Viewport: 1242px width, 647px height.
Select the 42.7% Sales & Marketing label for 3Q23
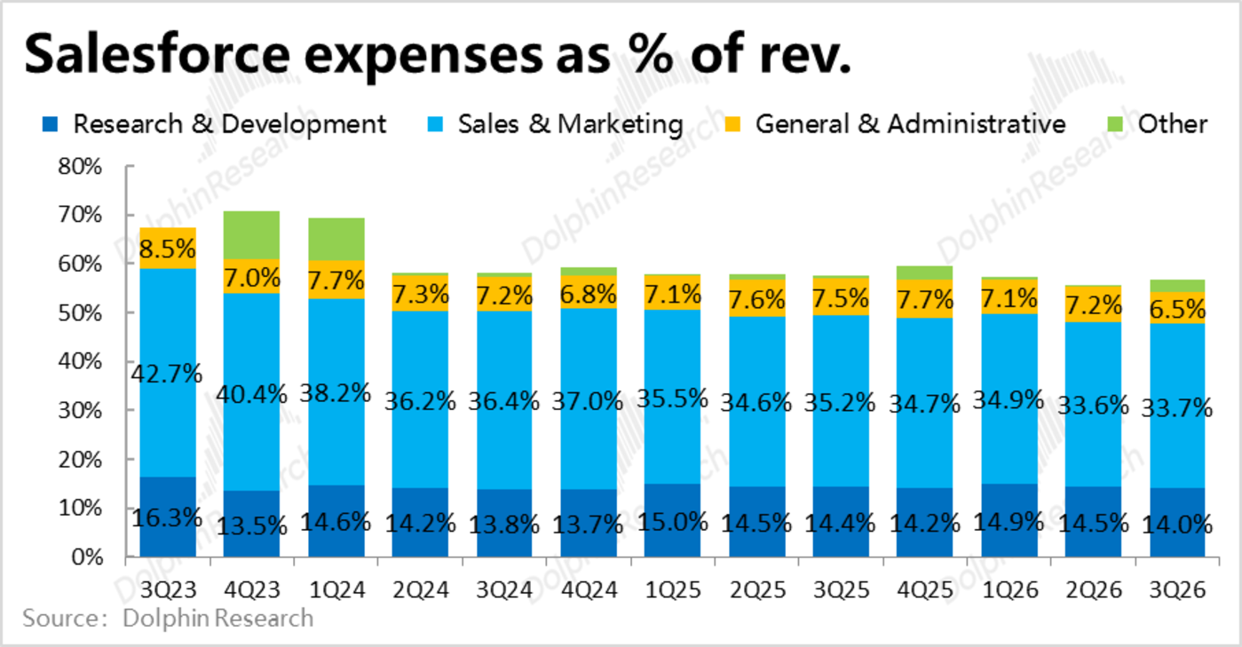point(167,374)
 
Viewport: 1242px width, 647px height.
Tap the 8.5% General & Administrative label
point(167,249)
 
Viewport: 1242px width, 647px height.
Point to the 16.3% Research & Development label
point(167,517)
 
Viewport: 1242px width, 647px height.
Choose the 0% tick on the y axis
point(87,557)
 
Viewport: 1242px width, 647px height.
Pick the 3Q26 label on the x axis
point(1177,588)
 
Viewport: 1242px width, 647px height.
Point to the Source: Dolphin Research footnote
point(168,618)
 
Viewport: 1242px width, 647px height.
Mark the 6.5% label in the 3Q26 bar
point(1177,308)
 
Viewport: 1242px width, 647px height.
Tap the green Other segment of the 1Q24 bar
point(336,239)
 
